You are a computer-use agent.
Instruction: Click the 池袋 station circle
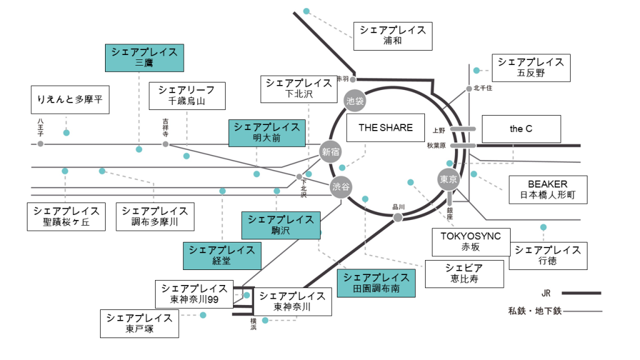click(354, 100)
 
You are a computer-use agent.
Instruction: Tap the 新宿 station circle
click(331, 151)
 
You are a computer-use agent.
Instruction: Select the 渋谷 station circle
click(341, 187)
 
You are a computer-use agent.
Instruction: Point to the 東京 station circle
click(449, 179)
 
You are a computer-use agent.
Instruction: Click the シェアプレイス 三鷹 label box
click(144, 57)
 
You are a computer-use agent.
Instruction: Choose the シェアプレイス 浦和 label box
click(392, 36)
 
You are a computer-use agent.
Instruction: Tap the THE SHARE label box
click(386, 128)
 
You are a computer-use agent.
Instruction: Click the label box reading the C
click(521, 129)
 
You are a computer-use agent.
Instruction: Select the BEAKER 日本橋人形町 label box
click(547, 190)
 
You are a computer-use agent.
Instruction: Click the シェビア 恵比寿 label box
click(464, 274)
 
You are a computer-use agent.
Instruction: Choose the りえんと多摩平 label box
click(70, 100)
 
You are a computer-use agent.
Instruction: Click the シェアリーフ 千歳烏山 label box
click(187, 96)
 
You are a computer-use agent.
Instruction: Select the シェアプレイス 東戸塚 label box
click(139, 324)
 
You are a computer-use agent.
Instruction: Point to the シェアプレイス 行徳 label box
click(547, 256)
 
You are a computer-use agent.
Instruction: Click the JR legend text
click(546, 292)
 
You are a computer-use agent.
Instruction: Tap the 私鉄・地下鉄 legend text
click(534, 311)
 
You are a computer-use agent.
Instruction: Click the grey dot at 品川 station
click(397, 217)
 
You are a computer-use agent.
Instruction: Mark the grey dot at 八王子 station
click(41, 144)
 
